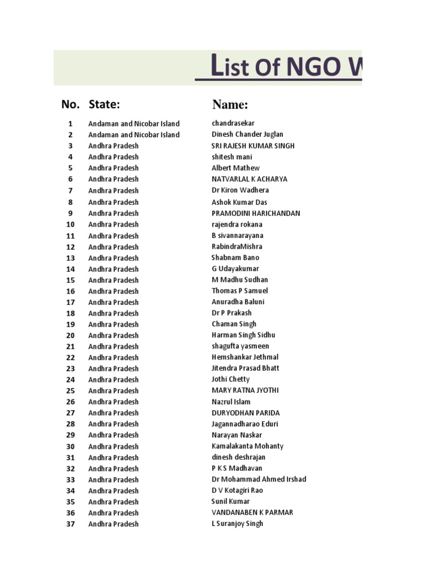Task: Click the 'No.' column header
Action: click(70, 104)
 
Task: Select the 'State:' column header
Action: click(104, 104)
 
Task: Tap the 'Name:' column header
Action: click(230, 105)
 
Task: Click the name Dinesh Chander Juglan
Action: click(247, 134)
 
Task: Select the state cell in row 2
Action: click(134, 134)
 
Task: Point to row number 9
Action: click(70, 213)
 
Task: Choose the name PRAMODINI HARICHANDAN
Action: click(255, 213)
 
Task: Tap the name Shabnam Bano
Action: click(235, 258)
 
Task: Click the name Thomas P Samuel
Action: click(240, 291)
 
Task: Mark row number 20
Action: click(70, 335)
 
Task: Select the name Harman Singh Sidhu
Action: click(243, 335)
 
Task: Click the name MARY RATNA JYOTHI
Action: click(245, 390)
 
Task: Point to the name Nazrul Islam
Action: click(231, 402)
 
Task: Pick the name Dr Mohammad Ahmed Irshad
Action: click(259, 479)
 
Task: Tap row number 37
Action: click(70, 524)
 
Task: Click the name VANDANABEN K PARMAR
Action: click(252, 512)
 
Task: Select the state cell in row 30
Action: click(113, 446)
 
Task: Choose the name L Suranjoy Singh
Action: click(237, 524)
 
